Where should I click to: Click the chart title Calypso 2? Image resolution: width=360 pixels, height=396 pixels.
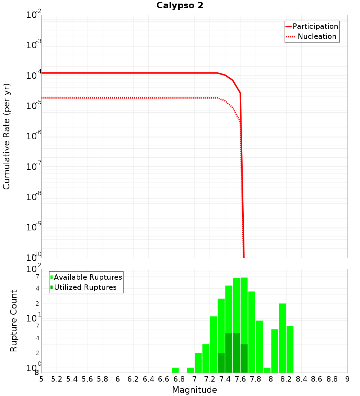click(180, 6)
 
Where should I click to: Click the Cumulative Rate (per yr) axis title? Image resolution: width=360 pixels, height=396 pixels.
click(6, 136)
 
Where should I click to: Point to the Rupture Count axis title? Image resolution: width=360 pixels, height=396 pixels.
click(14, 321)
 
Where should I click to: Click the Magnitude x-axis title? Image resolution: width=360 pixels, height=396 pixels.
click(194, 390)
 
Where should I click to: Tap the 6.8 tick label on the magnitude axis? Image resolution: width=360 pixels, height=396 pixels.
click(179, 379)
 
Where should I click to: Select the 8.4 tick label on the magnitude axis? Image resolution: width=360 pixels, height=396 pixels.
click(301, 379)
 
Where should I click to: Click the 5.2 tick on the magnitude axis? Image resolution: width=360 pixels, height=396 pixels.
click(57, 379)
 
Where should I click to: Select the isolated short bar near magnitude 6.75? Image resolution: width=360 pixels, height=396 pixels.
click(175, 370)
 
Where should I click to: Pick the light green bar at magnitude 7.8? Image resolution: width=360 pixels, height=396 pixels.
click(252, 332)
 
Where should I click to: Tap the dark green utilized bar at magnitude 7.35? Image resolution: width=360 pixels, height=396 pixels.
click(221, 363)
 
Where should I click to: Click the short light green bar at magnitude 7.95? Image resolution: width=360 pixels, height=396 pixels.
click(267, 370)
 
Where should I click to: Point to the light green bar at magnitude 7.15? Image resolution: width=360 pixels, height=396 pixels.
click(206, 358)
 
